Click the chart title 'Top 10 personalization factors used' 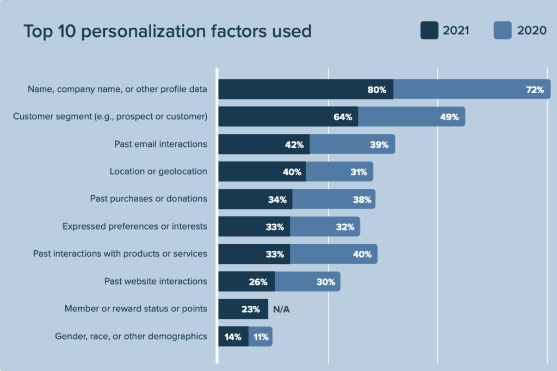pos(167,31)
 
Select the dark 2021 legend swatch pos(429,30)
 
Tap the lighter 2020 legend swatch pos(503,30)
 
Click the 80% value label pos(376,90)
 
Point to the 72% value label pos(535,90)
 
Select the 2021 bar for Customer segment pos(288,117)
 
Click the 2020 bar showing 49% pos(411,117)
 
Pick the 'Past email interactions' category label pos(160,144)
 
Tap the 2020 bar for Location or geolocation pos(339,172)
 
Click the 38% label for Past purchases pos(362,200)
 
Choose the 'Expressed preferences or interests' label pos(135,226)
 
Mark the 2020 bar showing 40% pos(333,254)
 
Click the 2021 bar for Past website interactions pos(246,282)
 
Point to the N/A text pos(281,309)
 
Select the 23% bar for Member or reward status pos(243,309)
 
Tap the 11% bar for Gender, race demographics pos(260,337)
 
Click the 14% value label pos(233,337)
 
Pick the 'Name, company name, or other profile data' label pos(117,89)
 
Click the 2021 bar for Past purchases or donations pos(255,200)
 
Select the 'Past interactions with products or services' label pos(120,253)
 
